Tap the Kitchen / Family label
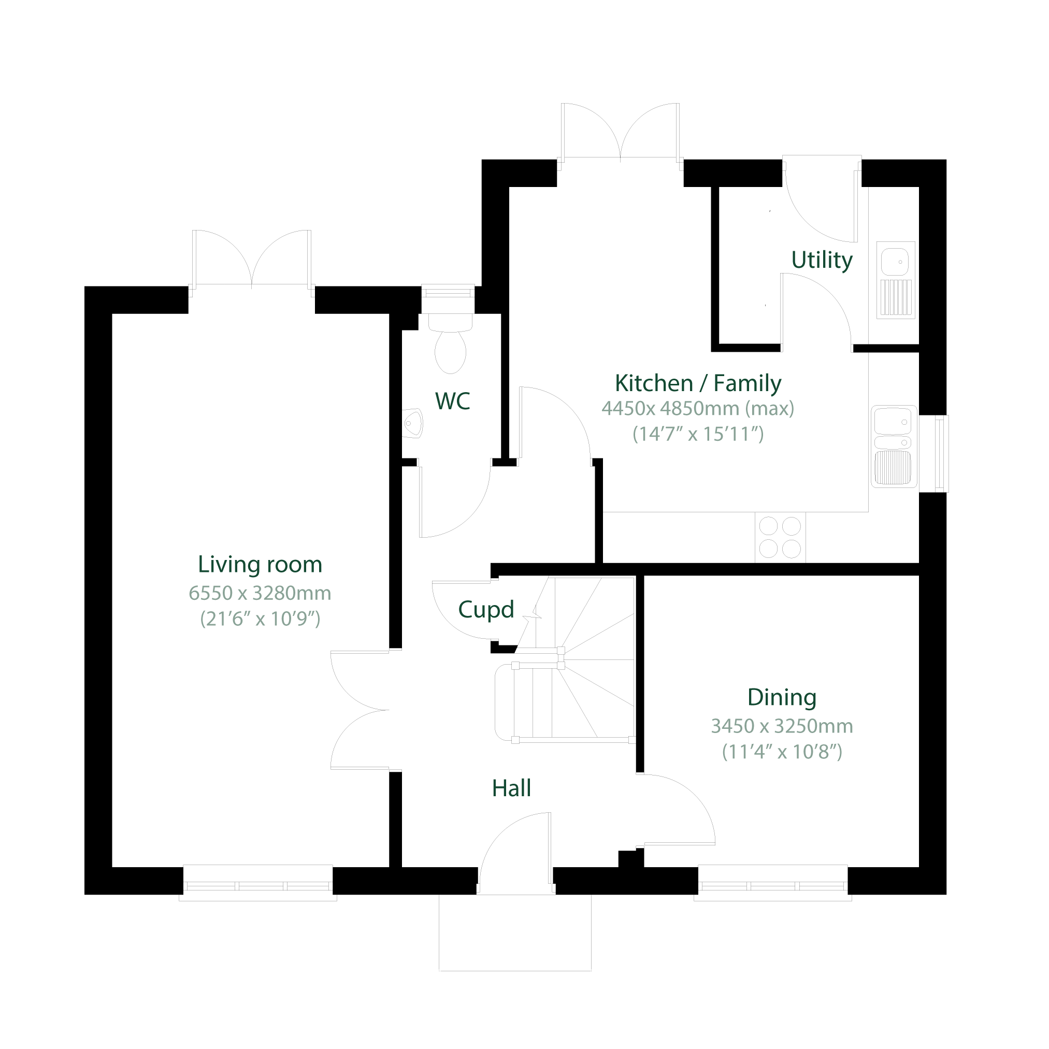[x=698, y=383]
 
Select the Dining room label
[x=782, y=698]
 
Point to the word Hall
[x=511, y=788]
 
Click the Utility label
[x=822, y=260]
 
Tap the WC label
[x=452, y=401]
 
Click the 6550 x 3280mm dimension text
[x=260, y=593]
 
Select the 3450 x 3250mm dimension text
[x=782, y=726]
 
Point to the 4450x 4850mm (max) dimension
[x=698, y=408]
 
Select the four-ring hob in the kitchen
[x=780, y=538]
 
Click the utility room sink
[x=895, y=280]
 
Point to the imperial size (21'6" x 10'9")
[x=260, y=619]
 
